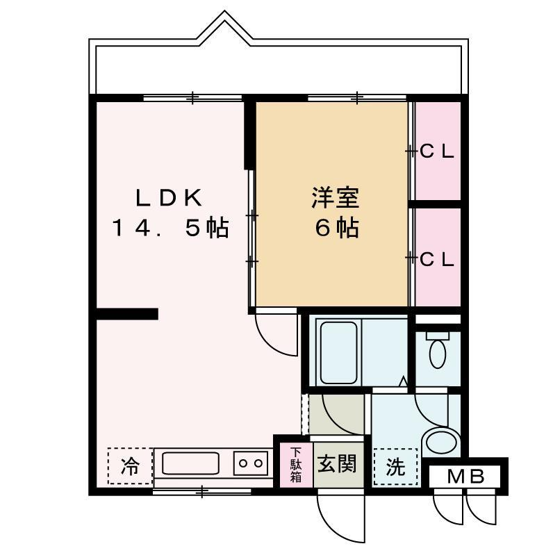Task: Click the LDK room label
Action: pyautogui.click(x=169, y=198)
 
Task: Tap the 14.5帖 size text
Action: pyautogui.click(x=171, y=228)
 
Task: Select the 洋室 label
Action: pyautogui.click(x=335, y=198)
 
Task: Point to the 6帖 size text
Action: pyautogui.click(x=337, y=228)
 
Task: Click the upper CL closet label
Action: pyautogui.click(x=436, y=152)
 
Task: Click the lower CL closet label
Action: pyautogui.click(x=436, y=260)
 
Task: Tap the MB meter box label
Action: pyautogui.click(x=465, y=477)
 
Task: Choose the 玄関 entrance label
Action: pyautogui.click(x=337, y=464)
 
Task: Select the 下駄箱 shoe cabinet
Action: pyautogui.click(x=296, y=465)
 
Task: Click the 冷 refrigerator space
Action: pyautogui.click(x=130, y=466)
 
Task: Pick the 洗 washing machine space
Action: pyautogui.click(x=395, y=467)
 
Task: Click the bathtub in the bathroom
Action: pyautogui.click(x=338, y=352)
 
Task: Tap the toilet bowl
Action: pyautogui.click(x=438, y=349)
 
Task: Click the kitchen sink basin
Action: pyautogui.click(x=190, y=463)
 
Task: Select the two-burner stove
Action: pyautogui.click(x=251, y=463)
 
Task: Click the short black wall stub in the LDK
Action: pyautogui.click(x=127, y=314)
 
